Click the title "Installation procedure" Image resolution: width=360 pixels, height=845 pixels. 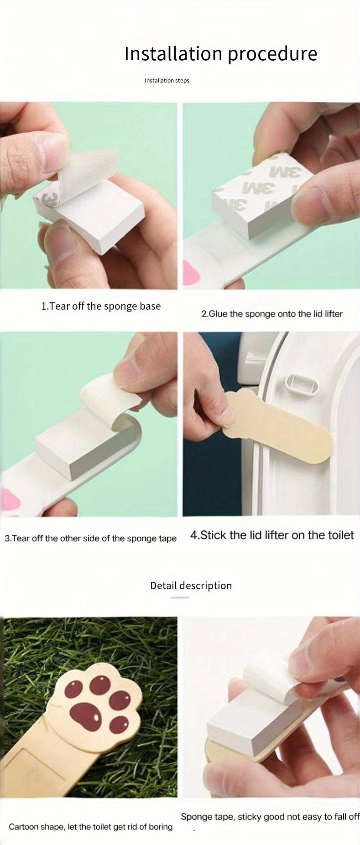(x=221, y=54)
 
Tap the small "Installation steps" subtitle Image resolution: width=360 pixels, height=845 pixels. (x=167, y=81)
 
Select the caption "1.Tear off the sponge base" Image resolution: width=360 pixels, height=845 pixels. (x=101, y=306)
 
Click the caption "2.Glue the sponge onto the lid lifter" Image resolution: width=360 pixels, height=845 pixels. (x=272, y=314)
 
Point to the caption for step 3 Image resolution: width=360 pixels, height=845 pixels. (x=90, y=538)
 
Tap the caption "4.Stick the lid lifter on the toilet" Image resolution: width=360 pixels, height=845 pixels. (x=272, y=535)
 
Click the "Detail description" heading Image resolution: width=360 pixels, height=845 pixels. (x=191, y=586)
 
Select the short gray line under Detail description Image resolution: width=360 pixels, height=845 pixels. (x=180, y=597)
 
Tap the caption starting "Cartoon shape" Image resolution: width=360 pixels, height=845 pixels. (x=90, y=826)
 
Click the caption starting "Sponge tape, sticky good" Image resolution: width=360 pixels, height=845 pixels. (x=270, y=816)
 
